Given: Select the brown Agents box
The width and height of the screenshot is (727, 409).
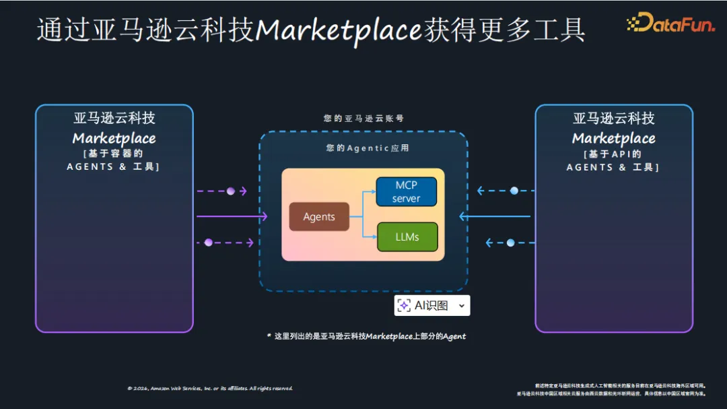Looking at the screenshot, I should pyautogui.click(x=319, y=216).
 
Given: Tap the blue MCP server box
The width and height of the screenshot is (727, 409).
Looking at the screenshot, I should pyautogui.click(x=406, y=191).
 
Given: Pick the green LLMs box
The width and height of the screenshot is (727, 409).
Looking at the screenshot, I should pyautogui.click(x=407, y=237).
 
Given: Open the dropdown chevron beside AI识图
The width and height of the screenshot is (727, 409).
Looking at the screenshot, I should pyautogui.click(x=461, y=306).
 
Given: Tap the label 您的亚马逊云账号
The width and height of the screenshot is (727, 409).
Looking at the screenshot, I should pyautogui.click(x=363, y=118).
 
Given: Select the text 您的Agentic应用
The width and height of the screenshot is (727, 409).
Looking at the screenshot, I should pyautogui.click(x=368, y=148).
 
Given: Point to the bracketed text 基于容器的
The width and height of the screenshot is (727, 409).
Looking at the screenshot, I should pyautogui.click(x=114, y=154).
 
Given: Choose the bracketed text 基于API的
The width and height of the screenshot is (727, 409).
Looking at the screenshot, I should pyautogui.click(x=613, y=154).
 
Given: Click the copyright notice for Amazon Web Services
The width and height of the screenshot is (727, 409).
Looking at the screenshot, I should pyautogui.click(x=210, y=388).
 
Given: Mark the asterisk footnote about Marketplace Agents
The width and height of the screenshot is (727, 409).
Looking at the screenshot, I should pyautogui.click(x=366, y=336).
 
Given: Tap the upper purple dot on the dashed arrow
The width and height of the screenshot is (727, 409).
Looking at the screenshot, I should pyautogui.click(x=231, y=191).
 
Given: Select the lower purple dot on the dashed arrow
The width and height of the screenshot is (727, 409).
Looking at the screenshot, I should pyautogui.click(x=208, y=243).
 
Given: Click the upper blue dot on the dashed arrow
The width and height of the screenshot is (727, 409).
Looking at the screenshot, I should pyautogui.click(x=514, y=191).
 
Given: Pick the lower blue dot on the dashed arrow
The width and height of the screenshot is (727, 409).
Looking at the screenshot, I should pyautogui.click(x=510, y=243).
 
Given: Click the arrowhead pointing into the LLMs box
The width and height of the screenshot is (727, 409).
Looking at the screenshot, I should pyautogui.click(x=373, y=237).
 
